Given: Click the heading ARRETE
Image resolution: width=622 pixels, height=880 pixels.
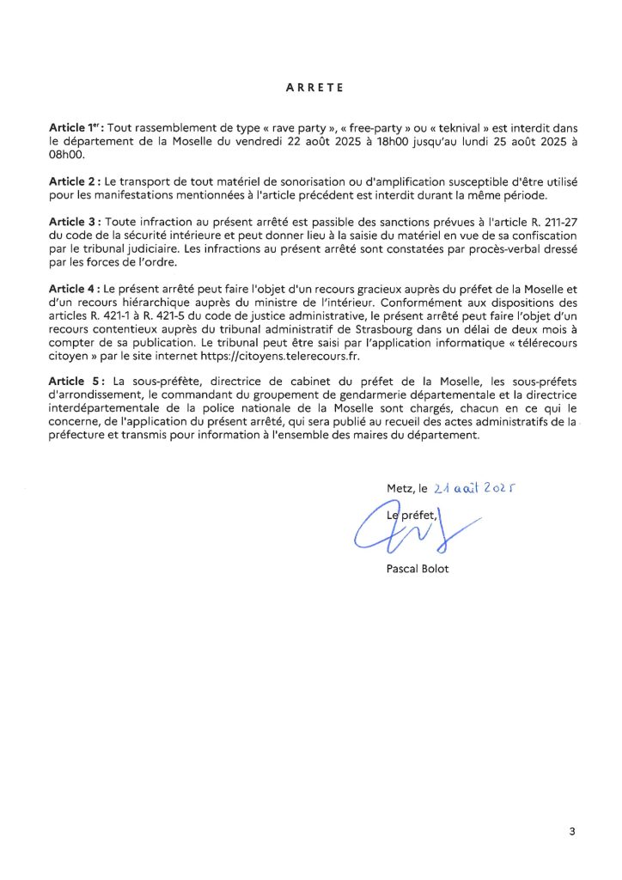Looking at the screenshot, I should tap(314, 87).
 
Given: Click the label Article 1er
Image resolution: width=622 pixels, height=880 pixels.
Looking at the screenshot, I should tap(75, 127).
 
